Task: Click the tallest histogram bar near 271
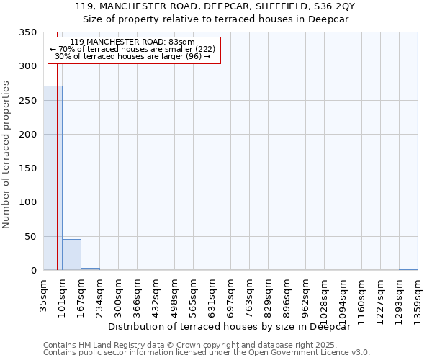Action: [53, 178]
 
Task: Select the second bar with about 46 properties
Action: [71, 255]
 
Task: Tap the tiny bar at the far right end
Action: [408, 270]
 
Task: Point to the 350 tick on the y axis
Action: [27, 32]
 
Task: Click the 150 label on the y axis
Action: [27, 168]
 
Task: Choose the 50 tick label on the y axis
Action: [30, 237]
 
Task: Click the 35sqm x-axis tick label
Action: [43, 292]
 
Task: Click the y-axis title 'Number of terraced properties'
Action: [6, 154]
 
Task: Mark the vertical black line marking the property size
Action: [57, 144]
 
